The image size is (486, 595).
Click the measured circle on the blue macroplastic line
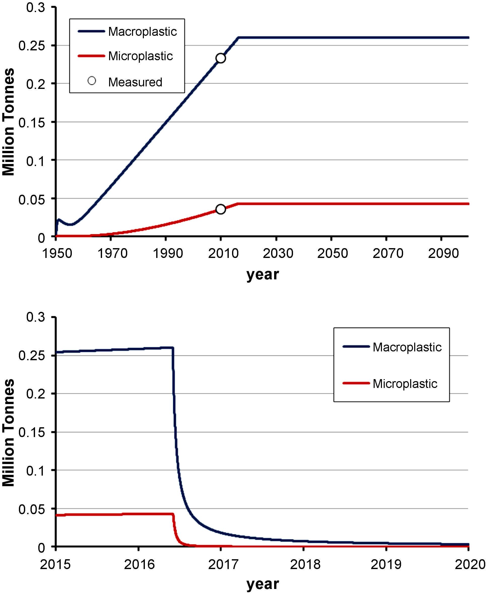[x=221, y=58]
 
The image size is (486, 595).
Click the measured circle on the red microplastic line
[x=221, y=209]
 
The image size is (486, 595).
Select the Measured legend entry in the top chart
[x=135, y=82]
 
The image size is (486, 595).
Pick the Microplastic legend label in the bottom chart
[x=405, y=384]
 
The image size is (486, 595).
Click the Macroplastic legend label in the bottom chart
[x=407, y=347]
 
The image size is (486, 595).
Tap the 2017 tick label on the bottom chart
[x=223, y=565]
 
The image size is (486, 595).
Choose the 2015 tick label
[x=55, y=565]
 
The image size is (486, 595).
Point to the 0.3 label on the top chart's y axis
[x=36, y=8]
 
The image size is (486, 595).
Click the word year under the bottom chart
[x=263, y=584]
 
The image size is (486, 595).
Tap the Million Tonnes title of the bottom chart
[x=8, y=433]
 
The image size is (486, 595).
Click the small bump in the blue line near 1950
[x=59, y=220]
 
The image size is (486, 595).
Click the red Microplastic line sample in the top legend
[x=91, y=56]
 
